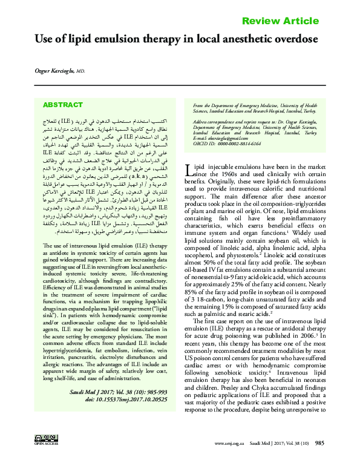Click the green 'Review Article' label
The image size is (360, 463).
[x=280, y=21]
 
